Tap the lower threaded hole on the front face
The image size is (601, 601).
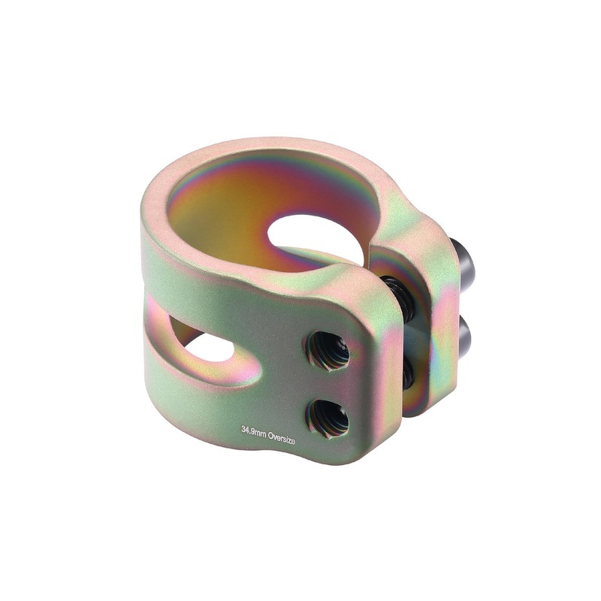coord(328,417)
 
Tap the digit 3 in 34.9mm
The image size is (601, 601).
coord(243,430)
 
